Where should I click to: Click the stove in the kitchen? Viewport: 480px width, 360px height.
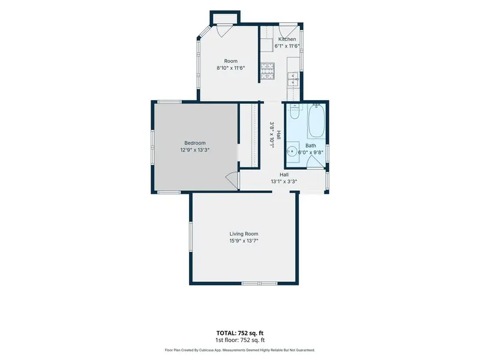pyautogui.click(x=268, y=70)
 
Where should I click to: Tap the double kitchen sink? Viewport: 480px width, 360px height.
pyautogui.click(x=293, y=79)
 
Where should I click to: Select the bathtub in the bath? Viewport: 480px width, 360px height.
pyautogui.click(x=317, y=121)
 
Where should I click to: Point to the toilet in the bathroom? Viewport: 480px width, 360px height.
pyautogui.click(x=295, y=112)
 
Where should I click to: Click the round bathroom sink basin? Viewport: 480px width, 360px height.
pyautogui.click(x=292, y=151)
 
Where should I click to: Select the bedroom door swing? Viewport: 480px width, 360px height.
pyautogui.click(x=232, y=181)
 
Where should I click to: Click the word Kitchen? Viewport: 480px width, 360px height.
pyautogui.click(x=287, y=39)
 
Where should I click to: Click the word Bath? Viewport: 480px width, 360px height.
pyautogui.click(x=310, y=146)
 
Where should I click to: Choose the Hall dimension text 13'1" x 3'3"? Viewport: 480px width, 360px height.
pyautogui.click(x=284, y=182)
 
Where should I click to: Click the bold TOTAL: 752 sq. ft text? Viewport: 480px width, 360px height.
pyautogui.click(x=239, y=333)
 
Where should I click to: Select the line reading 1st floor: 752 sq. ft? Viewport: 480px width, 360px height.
pyautogui.click(x=239, y=340)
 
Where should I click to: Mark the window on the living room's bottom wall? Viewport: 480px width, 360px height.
pyautogui.click(x=260, y=283)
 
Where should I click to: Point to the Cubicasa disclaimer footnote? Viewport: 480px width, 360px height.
pyautogui.click(x=239, y=350)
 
